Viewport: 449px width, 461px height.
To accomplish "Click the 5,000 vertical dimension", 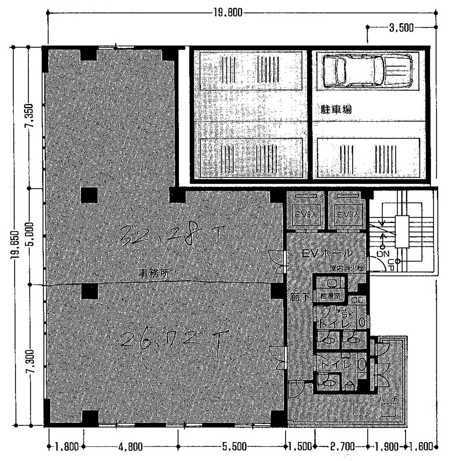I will click(31, 236).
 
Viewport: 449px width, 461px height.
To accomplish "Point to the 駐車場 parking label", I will click(336, 110).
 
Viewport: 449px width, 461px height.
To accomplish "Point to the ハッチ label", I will click(388, 400).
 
